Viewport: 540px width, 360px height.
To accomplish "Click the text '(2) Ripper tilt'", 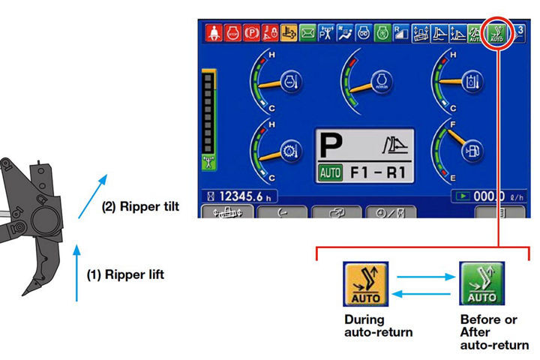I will tap(140, 206).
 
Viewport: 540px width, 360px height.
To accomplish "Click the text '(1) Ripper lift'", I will tap(124, 274).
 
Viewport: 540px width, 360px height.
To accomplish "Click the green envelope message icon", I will tap(307, 33).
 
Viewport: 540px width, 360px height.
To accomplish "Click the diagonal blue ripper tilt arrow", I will tap(93, 196).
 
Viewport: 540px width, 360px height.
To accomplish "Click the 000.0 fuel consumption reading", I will tap(488, 196).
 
